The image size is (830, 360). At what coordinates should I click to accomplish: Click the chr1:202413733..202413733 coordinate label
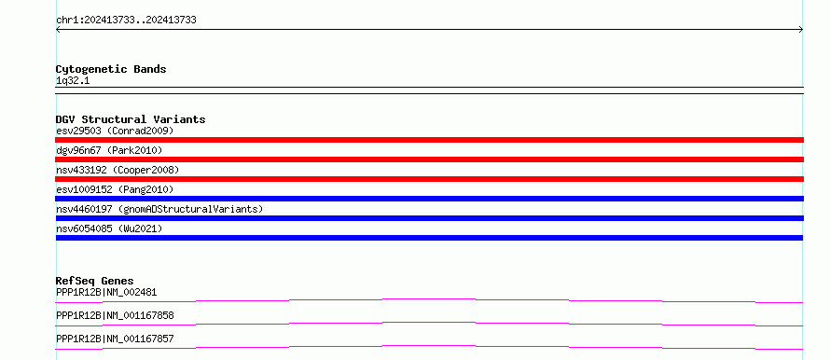126,21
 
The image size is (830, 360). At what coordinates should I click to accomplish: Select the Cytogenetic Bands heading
111,69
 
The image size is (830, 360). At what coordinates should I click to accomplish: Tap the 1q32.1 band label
73,81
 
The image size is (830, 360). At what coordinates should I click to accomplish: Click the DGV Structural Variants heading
131,119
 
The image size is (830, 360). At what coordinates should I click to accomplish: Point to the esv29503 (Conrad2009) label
115,131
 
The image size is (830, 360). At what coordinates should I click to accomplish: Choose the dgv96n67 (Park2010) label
109,150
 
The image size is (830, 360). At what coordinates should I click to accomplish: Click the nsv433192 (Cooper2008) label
118,170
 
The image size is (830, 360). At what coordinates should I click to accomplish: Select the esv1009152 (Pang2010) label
115,189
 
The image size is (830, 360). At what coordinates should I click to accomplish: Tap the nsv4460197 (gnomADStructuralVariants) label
159,209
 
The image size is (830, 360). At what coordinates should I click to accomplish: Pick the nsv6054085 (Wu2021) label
109,228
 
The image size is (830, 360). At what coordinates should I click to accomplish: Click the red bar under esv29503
429,140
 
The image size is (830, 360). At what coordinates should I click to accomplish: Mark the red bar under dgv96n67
429,159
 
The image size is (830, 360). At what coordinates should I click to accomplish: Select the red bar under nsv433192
429,179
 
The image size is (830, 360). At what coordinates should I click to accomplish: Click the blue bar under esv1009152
429,199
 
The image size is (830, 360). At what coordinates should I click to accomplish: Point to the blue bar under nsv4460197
429,218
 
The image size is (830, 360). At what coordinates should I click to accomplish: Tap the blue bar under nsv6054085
429,238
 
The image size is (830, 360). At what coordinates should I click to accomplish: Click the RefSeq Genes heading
95,281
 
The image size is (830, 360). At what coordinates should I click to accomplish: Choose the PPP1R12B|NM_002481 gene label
106,292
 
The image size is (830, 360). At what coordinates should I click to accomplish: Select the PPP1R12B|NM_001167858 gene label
115,315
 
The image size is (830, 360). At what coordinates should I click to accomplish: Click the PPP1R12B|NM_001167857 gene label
115,339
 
